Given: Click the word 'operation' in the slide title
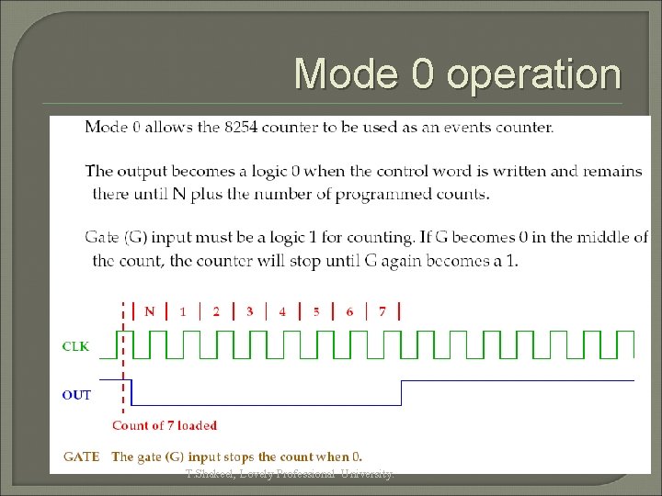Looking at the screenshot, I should coord(534,74).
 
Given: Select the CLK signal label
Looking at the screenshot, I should coord(75,347).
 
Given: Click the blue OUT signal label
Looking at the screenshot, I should coord(76,395).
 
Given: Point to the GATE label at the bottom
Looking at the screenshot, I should coord(81,457).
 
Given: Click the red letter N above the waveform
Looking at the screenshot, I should coord(150,311).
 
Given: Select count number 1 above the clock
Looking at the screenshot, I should coord(183,311).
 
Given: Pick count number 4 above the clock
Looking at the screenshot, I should coord(282,311).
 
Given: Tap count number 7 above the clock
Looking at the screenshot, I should coord(382,311).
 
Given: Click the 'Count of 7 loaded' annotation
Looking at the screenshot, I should coord(165,425).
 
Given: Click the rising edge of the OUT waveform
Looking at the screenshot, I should coord(402,392).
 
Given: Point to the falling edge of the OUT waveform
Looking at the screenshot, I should coord(131,392).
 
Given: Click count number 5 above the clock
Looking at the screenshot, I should coord(316,311).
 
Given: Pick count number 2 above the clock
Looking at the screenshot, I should coord(216,311).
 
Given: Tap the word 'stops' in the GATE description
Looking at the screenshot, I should coord(238,457).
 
